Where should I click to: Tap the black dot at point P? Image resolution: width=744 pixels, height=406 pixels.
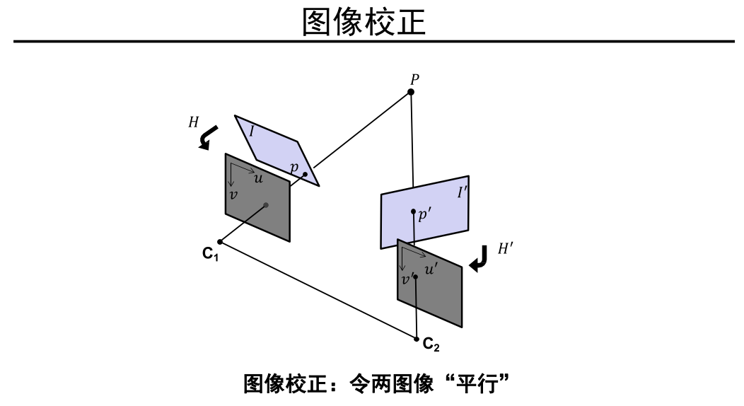(411, 92)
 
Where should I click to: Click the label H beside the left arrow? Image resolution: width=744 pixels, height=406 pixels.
(193, 122)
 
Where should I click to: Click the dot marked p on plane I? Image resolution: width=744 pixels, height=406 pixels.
(305, 174)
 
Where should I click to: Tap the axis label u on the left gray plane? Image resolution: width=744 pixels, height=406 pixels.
(258, 179)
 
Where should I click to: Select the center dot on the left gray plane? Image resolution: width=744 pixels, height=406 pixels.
(266, 206)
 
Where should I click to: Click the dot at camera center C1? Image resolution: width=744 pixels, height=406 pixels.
(221, 241)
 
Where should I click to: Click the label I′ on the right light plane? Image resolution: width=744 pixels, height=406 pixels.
(462, 191)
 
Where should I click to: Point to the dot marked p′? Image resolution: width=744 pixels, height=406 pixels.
(414, 211)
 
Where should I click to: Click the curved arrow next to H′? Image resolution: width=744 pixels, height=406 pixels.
(478, 259)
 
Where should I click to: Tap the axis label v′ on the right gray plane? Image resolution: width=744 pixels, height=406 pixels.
(407, 280)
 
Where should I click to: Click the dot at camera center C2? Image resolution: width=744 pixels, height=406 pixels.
(417, 338)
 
